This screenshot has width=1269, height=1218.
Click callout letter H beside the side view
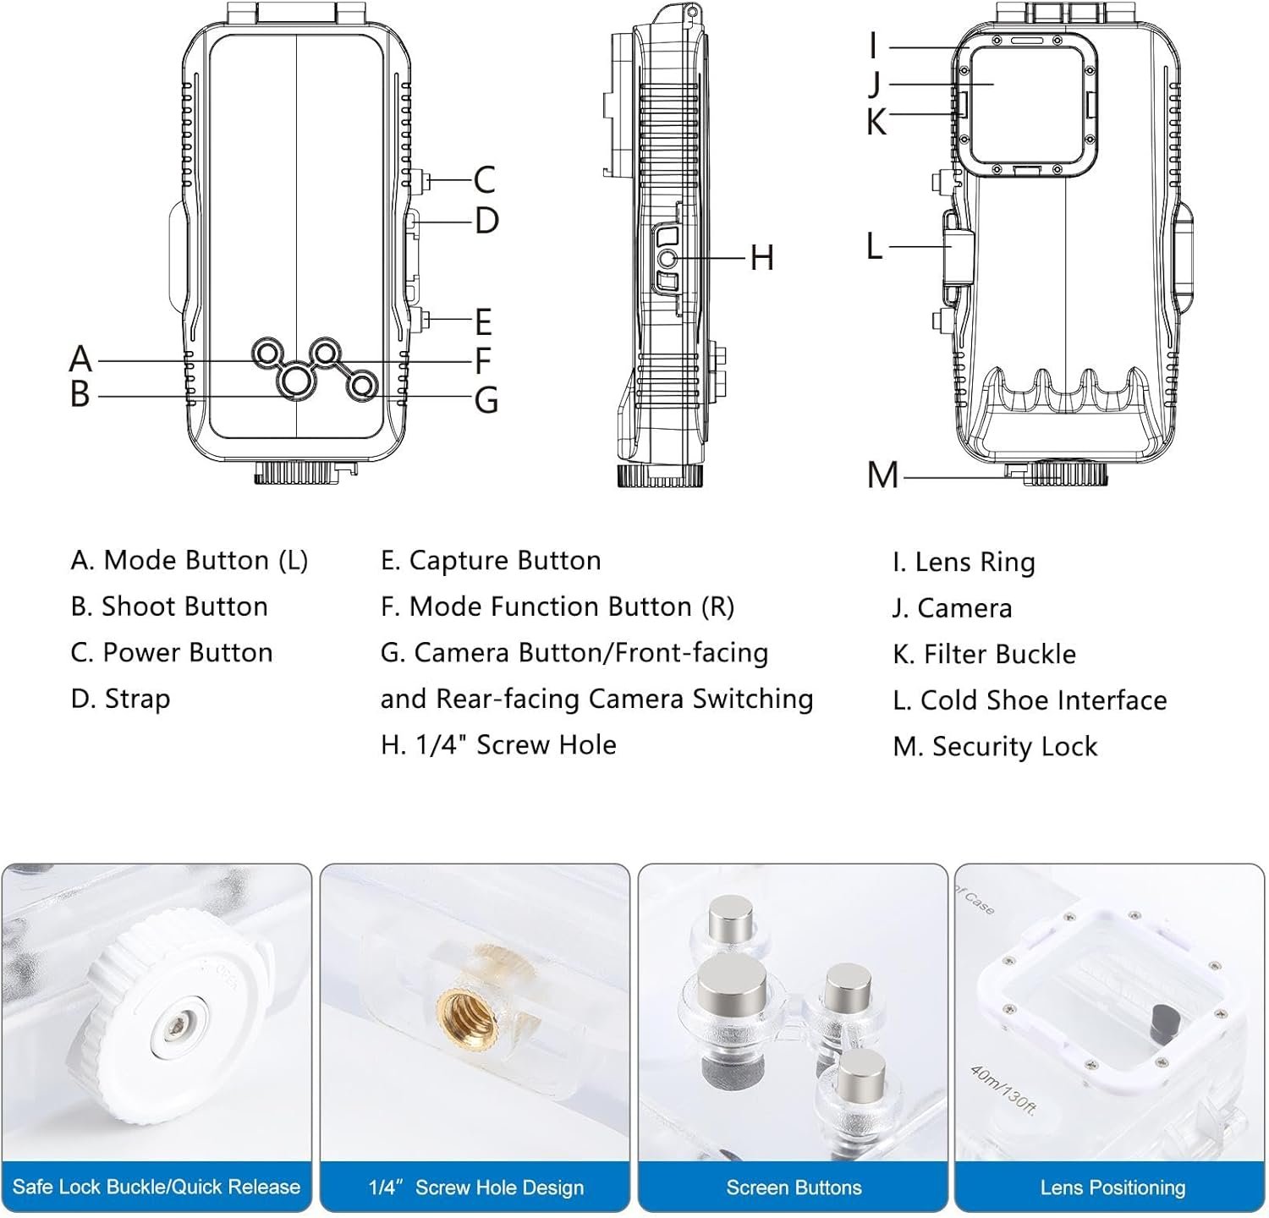click(x=762, y=257)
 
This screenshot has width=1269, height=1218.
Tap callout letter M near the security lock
click(x=882, y=475)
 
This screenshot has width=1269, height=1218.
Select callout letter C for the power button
click(x=484, y=180)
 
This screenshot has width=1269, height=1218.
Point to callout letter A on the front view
click(x=80, y=359)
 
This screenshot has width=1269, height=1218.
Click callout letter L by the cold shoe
click(x=875, y=246)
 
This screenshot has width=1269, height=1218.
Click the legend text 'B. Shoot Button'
click(x=169, y=606)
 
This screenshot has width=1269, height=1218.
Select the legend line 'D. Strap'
click(x=121, y=699)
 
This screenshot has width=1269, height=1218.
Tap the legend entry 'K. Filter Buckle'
click(x=984, y=654)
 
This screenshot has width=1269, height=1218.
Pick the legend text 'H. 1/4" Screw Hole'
click(x=498, y=744)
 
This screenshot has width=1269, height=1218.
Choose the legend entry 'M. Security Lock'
click(x=995, y=746)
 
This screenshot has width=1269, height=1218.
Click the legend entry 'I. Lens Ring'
click(x=964, y=562)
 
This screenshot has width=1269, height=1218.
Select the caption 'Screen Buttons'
click(x=794, y=1188)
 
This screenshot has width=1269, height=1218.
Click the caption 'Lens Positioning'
click(x=1112, y=1188)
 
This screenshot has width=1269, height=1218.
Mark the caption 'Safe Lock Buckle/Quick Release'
click(x=157, y=1187)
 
